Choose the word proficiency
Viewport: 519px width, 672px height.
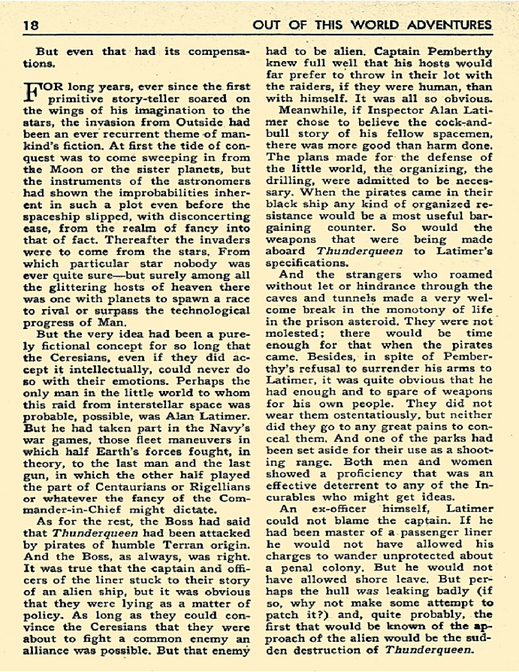(x=369, y=474)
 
